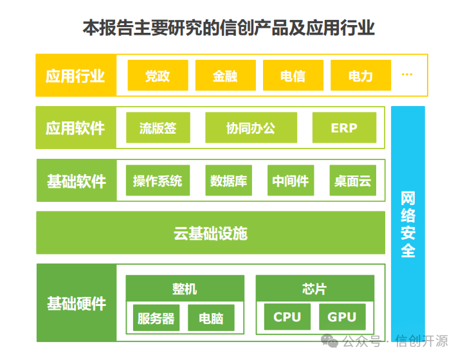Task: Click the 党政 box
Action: tap(158, 76)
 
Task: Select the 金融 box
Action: tap(225, 76)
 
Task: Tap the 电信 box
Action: tap(293, 76)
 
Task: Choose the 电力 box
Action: tap(360, 76)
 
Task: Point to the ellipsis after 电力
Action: tap(406, 75)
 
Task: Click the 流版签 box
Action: tap(158, 128)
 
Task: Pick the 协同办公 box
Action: tap(251, 128)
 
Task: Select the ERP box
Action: tap(344, 128)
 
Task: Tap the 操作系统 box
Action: tap(158, 181)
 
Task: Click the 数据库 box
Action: tap(228, 181)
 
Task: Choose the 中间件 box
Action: tap(290, 181)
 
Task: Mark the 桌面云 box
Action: tap(352, 181)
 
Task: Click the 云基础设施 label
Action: tap(210, 233)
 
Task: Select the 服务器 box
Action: tap(156, 318)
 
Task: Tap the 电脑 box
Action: tap(211, 318)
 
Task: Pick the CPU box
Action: tap(287, 317)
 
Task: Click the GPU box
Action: tap(342, 317)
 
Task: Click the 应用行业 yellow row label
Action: tap(75, 76)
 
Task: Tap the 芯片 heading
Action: tap(314, 289)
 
